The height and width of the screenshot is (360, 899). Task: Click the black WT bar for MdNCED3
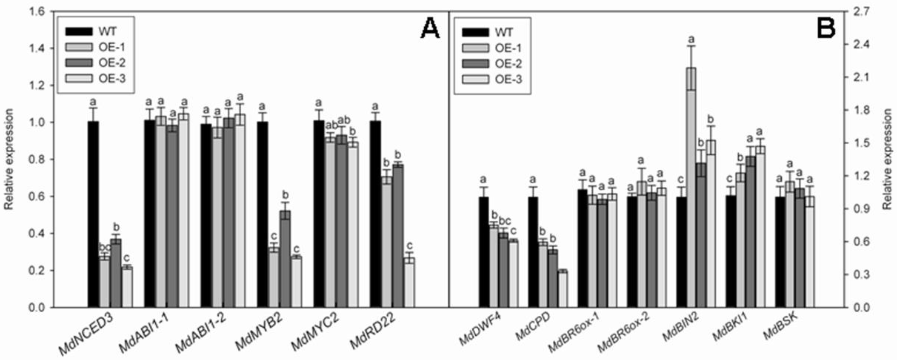(93, 214)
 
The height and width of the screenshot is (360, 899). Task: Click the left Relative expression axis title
(8, 159)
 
